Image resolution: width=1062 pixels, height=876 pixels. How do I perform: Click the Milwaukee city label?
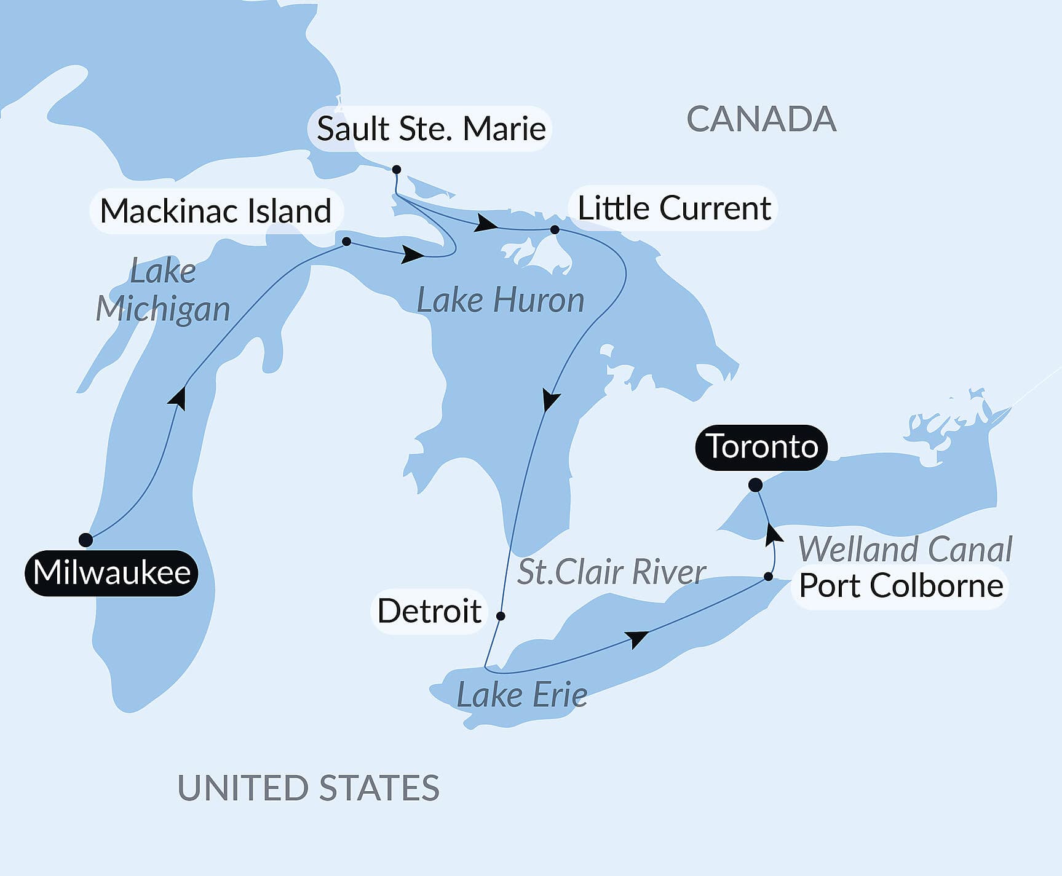[x=111, y=573]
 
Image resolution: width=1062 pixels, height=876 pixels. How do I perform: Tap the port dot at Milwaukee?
[x=86, y=540]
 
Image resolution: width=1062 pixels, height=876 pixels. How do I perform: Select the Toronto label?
[x=761, y=447]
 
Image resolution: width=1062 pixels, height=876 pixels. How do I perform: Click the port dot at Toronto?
[x=755, y=485]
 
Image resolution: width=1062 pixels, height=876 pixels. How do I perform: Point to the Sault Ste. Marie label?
[x=430, y=129]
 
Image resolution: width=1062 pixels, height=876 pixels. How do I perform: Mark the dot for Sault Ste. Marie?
[x=397, y=170]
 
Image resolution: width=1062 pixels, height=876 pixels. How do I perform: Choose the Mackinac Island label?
[x=216, y=211]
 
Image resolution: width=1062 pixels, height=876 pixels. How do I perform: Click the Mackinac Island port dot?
[x=346, y=242]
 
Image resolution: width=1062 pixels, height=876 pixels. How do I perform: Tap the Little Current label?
[x=674, y=208]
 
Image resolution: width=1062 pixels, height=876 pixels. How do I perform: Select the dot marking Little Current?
[x=555, y=229]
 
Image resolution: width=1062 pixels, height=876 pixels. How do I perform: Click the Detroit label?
[x=429, y=611]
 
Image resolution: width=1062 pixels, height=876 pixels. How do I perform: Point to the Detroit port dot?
[x=501, y=615]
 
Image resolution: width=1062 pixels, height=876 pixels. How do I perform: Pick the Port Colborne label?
[x=901, y=586]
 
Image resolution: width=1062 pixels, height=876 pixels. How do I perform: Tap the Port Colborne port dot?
[x=768, y=577]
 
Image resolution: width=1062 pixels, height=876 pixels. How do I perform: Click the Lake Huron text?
[x=501, y=301]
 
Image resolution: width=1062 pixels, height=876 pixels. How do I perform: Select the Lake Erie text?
[x=521, y=695]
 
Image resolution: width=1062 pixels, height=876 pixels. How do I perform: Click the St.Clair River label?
[x=611, y=572]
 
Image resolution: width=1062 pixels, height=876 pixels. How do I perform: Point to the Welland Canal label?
[x=905, y=550]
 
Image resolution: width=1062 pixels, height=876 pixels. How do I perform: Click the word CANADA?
[x=761, y=119]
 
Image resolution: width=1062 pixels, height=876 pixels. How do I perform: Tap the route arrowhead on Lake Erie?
[x=639, y=638]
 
